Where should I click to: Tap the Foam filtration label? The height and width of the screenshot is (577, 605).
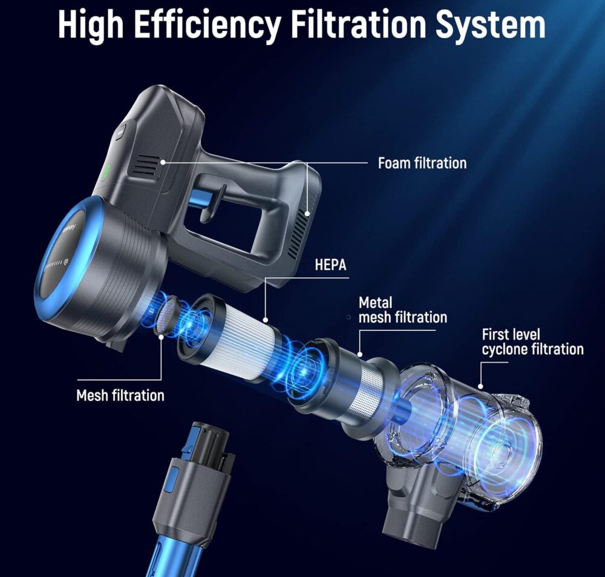point(422,163)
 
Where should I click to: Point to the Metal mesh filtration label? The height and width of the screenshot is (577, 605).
point(402,310)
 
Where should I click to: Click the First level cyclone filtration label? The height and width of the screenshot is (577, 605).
point(532,342)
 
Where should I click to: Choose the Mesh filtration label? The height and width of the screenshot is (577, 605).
point(120,395)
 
